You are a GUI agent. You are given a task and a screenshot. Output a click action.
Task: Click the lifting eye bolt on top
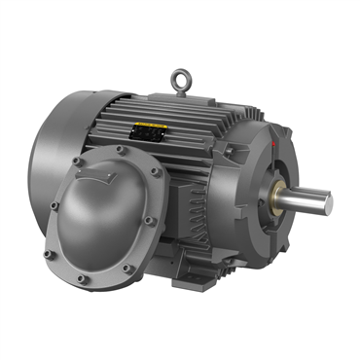[179, 76]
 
